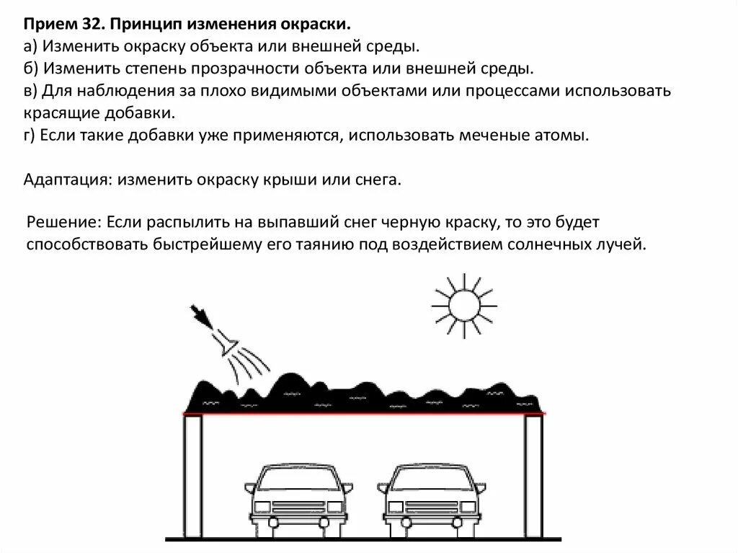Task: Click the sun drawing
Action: (x=463, y=305)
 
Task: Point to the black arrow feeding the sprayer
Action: (x=201, y=316)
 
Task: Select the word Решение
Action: (x=63, y=221)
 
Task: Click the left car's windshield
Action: (x=297, y=477)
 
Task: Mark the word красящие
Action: (x=61, y=114)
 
